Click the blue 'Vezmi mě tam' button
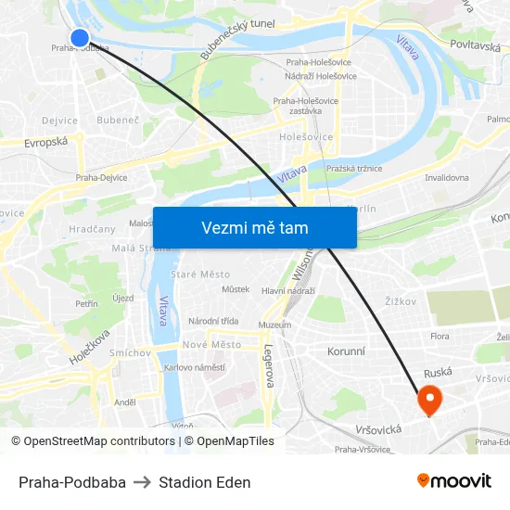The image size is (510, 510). pyautogui.click(x=254, y=227)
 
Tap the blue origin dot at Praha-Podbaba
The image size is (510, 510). pyautogui.click(x=80, y=37)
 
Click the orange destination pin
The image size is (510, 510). pyautogui.click(x=429, y=400)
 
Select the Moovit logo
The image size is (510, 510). pyautogui.click(x=454, y=481)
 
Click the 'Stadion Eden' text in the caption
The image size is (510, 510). pyautogui.click(x=204, y=482)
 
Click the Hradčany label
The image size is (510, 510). pyautogui.click(x=92, y=229)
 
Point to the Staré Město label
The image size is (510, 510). pyautogui.click(x=200, y=274)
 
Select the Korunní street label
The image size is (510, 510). pyautogui.click(x=346, y=352)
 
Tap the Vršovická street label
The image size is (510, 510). pyautogui.click(x=378, y=430)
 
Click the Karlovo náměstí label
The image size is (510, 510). pyautogui.click(x=195, y=367)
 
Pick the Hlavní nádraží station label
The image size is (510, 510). pyautogui.click(x=287, y=291)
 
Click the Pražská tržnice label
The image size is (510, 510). pyautogui.click(x=354, y=169)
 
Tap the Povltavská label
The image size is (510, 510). pyautogui.click(x=475, y=45)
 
